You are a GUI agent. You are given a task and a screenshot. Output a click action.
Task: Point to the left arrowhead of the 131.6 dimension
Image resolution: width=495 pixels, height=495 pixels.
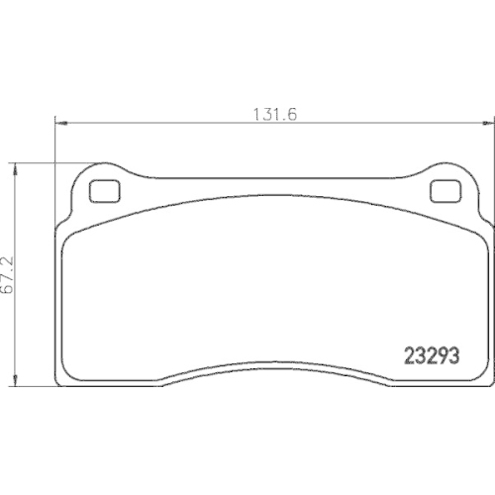57,123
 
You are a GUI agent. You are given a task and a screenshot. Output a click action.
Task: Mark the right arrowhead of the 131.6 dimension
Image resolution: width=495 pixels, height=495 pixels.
487,123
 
